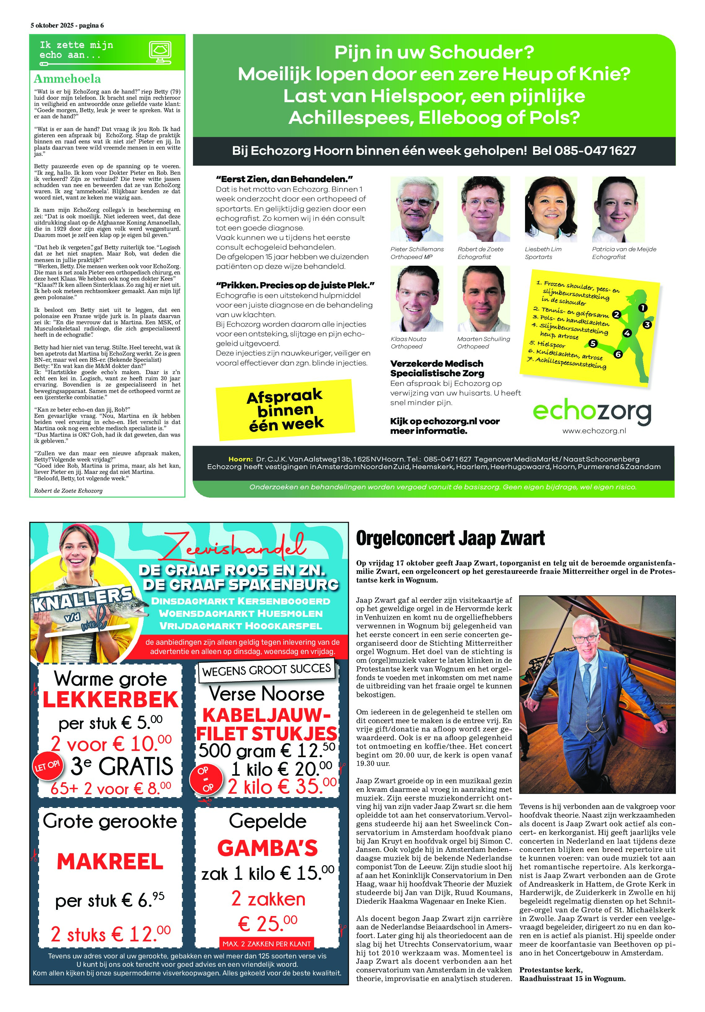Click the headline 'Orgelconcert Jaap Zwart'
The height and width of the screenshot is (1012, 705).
450,538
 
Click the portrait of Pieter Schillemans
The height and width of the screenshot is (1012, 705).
417,209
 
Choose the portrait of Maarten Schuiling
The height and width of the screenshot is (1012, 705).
484,299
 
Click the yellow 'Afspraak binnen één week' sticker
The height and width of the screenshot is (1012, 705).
285,409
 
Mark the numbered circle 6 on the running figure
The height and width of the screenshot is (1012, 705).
618,354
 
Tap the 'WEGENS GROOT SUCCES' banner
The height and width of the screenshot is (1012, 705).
266,670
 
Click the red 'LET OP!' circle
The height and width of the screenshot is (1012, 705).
47,765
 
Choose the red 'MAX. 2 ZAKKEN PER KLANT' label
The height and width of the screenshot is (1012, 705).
267,944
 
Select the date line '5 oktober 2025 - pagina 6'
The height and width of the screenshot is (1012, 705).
67,26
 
